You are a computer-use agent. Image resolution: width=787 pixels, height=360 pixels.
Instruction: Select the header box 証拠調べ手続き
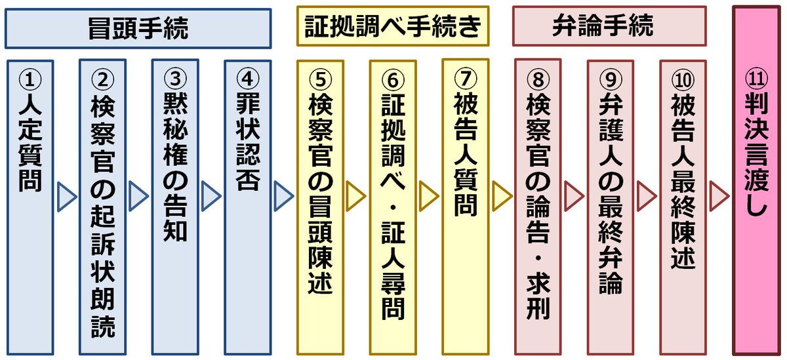(393, 27)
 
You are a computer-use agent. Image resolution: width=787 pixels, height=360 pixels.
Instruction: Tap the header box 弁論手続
(610, 27)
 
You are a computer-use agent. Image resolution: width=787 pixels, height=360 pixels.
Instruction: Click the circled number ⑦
(465, 77)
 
